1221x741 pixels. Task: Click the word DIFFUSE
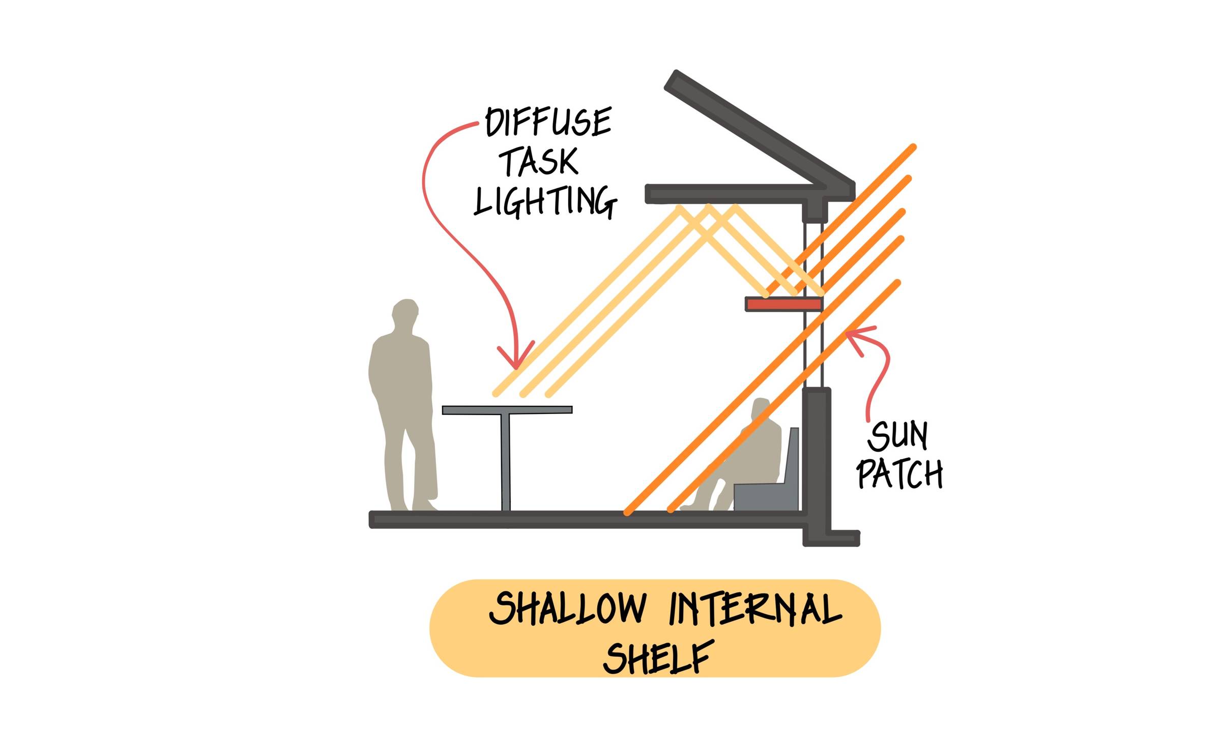click(x=548, y=122)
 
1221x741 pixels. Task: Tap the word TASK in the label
click(x=539, y=162)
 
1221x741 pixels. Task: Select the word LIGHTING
click(x=545, y=201)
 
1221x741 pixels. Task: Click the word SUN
click(x=897, y=436)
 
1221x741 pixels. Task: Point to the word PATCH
click(x=899, y=473)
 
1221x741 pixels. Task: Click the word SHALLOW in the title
click(x=567, y=608)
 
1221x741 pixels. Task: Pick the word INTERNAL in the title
click(x=755, y=608)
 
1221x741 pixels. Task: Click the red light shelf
click(x=783, y=304)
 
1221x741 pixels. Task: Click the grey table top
click(x=507, y=410)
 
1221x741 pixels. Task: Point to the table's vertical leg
click(x=506, y=462)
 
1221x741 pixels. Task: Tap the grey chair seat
click(x=765, y=496)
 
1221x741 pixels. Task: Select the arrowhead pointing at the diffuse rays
click(x=516, y=356)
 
